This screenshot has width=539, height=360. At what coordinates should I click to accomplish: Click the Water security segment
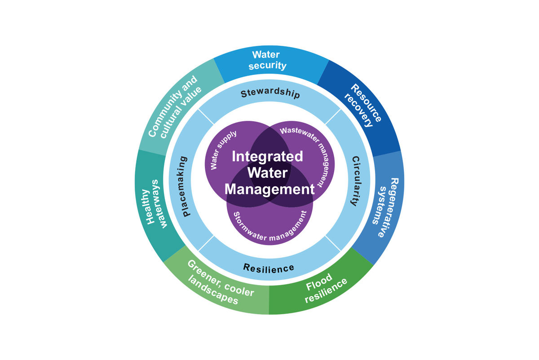tap(269, 61)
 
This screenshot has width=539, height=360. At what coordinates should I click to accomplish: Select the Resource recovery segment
tap(365, 106)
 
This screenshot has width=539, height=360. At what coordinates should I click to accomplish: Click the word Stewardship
tap(270, 94)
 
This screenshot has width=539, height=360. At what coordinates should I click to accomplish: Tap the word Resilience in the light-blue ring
tap(269, 268)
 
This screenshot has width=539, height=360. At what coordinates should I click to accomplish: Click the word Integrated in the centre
tap(267, 156)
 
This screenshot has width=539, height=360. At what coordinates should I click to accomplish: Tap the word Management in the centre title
tap(269, 189)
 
